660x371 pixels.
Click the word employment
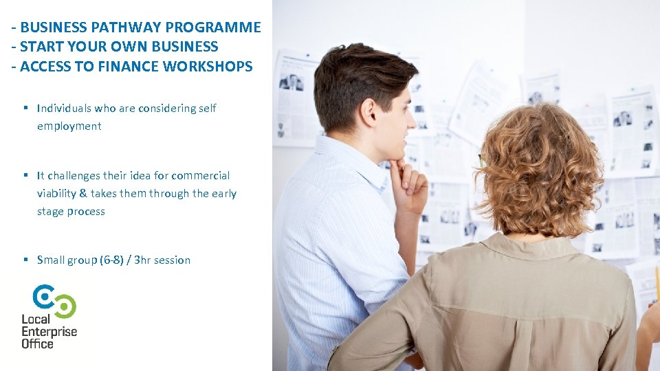[69, 126]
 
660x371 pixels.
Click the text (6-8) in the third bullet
[115, 260]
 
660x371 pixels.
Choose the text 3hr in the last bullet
[142, 260]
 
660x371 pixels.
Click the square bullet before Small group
[25, 260]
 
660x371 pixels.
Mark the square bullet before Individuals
[25, 108]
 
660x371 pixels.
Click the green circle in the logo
[65, 305]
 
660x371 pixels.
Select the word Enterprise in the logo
[49, 331]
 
